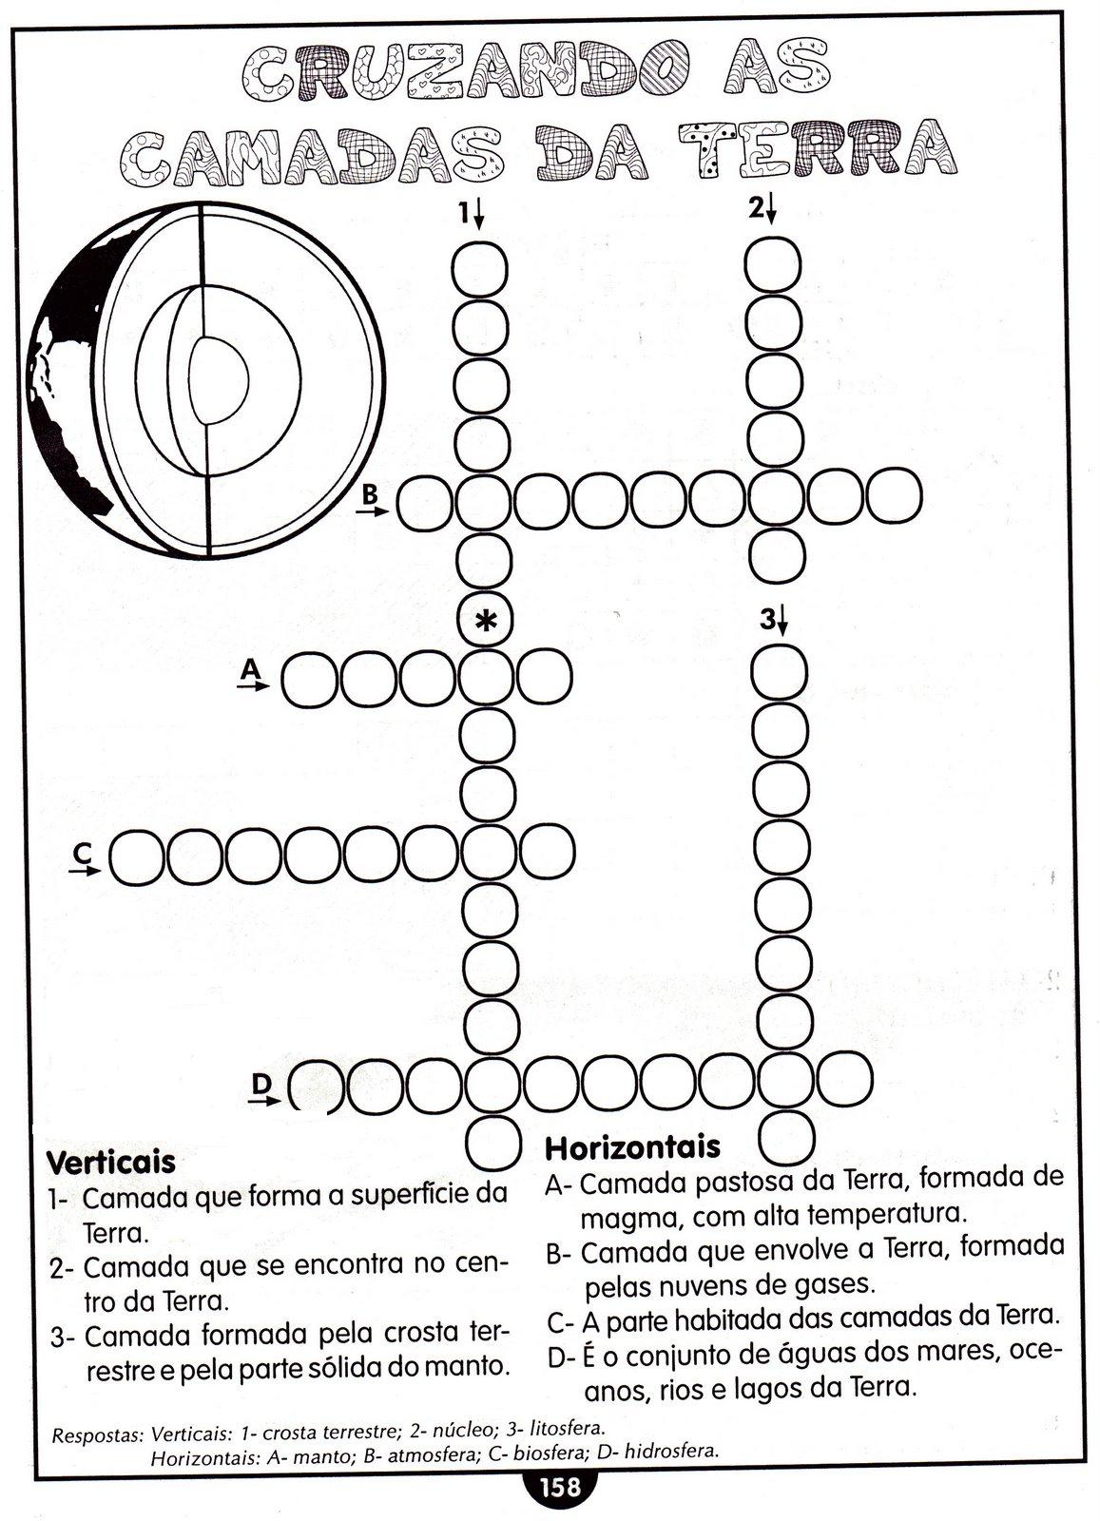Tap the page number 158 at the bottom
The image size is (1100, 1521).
pyautogui.click(x=559, y=1487)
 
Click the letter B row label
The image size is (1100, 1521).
pyautogui.click(x=370, y=494)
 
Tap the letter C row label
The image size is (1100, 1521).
pyautogui.click(x=83, y=855)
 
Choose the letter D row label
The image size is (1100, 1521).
pyautogui.click(x=261, y=1084)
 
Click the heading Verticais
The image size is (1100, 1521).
pyautogui.click(x=111, y=1162)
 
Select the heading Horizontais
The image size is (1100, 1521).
pyautogui.click(x=632, y=1147)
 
